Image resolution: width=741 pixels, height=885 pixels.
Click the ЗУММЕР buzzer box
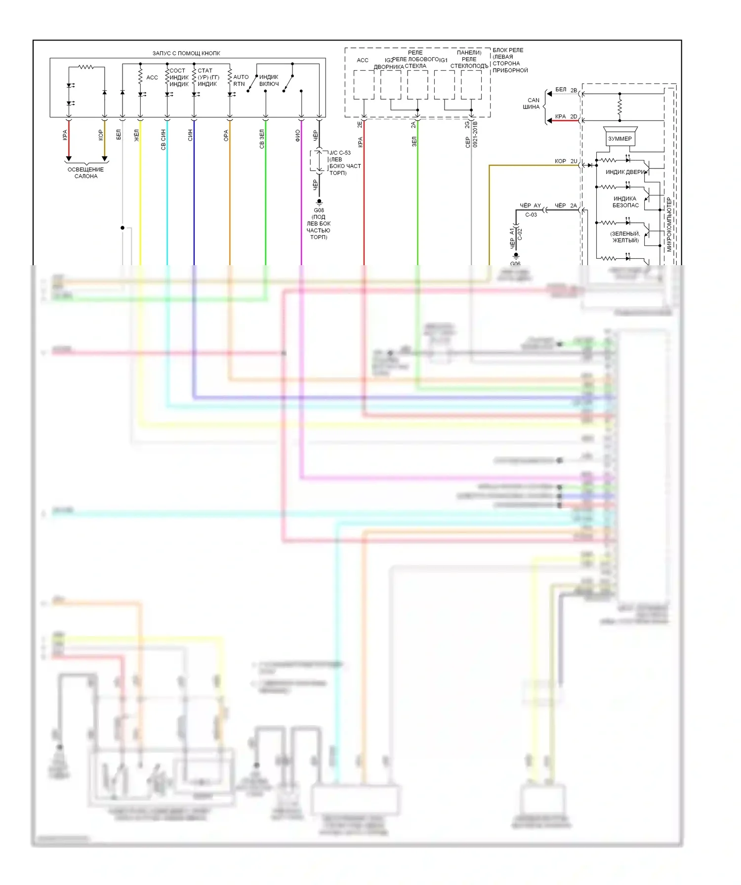[619, 139]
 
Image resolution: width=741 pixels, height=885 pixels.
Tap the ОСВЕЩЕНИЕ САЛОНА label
[85, 173]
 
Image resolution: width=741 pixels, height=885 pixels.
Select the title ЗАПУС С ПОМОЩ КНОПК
[186, 53]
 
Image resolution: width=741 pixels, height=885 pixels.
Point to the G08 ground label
[319, 210]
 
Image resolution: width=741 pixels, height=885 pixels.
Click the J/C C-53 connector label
[340, 153]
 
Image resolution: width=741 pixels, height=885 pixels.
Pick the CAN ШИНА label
[532, 104]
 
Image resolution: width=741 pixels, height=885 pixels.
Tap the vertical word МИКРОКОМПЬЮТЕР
[669, 225]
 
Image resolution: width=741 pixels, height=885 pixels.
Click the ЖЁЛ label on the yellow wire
[137, 136]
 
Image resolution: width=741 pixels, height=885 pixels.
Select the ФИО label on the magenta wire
[297, 136]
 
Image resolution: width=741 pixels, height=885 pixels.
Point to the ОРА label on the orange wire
[226, 136]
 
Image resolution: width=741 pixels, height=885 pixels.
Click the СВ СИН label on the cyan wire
[163, 140]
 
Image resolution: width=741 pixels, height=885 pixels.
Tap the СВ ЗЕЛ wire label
[262, 139]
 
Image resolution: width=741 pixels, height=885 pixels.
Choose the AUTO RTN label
[241, 80]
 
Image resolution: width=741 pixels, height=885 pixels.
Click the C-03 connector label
[531, 215]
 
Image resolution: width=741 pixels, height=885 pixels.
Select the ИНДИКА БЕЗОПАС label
[625, 202]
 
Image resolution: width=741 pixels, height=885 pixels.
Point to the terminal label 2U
[574, 161]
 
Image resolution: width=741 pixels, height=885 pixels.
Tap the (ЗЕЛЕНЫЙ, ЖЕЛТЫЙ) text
[625, 237]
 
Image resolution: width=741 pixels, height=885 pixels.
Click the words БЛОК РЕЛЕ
[508, 50]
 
